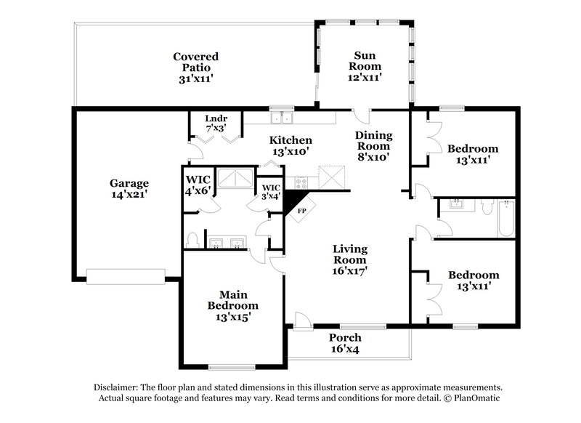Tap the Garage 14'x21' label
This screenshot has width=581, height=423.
pyautogui.click(x=129, y=189)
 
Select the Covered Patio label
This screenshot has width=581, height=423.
pyautogui.click(x=195, y=68)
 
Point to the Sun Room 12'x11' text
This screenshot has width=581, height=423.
pyautogui.click(x=364, y=65)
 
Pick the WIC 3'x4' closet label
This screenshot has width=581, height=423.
pyautogui.click(x=271, y=191)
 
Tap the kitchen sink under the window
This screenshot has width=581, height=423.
pyautogui.click(x=281, y=118)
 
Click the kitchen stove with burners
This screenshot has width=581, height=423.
pyautogui.click(x=300, y=181)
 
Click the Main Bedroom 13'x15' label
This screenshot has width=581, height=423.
pyautogui.click(x=232, y=306)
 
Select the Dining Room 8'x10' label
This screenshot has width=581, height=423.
pyautogui.click(x=373, y=145)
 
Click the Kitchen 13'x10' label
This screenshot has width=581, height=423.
pyautogui.click(x=290, y=146)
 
